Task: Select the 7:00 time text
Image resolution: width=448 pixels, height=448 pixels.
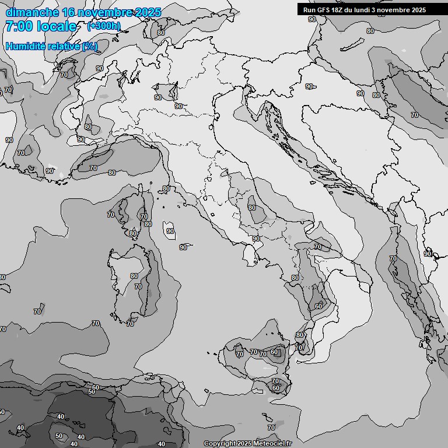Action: pyautogui.click(x=18, y=26)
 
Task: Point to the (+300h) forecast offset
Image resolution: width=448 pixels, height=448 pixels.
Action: pyautogui.click(x=104, y=26)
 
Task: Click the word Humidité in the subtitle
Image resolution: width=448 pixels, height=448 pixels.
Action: pyautogui.click(x=24, y=46)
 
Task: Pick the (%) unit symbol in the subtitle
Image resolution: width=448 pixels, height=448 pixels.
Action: pyautogui.click(x=90, y=46)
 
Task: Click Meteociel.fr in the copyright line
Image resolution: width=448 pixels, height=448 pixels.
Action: pyautogui.click(x=272, y=444)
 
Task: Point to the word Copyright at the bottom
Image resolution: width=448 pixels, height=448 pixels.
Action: pyautogui.click(x=220, y=444)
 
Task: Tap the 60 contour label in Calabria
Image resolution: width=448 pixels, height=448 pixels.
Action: pyautogui.click(x=318, y=306)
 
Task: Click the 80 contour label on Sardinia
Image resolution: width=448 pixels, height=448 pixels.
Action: pyautogui.click(x=134, y=276)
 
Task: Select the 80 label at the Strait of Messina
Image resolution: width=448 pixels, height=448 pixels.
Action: pyautogui.click(x=300, y=335)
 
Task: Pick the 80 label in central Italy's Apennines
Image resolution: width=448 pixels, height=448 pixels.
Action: pyautogui.click(x=252, y=207)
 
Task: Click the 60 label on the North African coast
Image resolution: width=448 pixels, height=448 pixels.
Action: pyautogui.click(x=96, y=387)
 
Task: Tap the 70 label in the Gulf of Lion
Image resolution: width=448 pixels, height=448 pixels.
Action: pyautogui.click(x=93, y=168)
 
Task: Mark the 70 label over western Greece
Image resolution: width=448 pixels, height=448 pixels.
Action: pyautogui.click(x=393, y=258)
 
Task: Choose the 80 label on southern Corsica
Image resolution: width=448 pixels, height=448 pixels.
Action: pyautogui.click(x=134, y=233)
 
